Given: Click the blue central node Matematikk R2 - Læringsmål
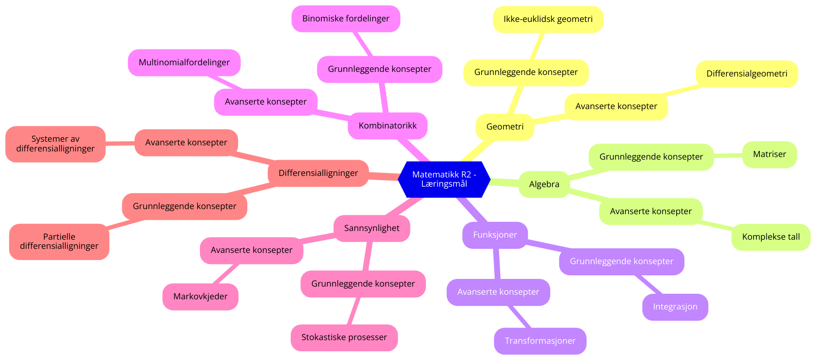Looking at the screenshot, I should [444, 179].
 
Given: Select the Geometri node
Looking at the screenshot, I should [505, 126].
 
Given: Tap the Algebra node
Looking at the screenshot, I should [544, 184].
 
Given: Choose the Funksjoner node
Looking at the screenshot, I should [495, 235].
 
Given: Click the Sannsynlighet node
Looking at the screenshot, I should [372, 228].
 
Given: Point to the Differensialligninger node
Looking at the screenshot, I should [318, 173].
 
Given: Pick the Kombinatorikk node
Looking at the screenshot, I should [388, 125].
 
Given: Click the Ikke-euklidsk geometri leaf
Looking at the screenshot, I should [548, 19].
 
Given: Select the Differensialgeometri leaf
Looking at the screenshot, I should [747, 73].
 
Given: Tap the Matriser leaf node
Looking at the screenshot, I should [770, 154].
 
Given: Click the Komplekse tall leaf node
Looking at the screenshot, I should [771, 237].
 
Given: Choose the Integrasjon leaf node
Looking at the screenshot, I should [675, 307].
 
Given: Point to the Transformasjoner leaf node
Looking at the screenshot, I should [540, 341].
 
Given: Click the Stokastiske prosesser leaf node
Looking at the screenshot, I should [344, 338].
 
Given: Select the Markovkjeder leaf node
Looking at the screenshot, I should [200, 296].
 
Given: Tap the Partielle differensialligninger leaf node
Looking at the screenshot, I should [59, 241].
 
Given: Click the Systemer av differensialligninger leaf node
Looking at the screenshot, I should [56, 144].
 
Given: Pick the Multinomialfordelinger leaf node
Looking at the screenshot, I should [184, 62].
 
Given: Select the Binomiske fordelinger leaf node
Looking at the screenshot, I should [346, 18].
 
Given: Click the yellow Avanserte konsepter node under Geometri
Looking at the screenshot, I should [616, 106].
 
